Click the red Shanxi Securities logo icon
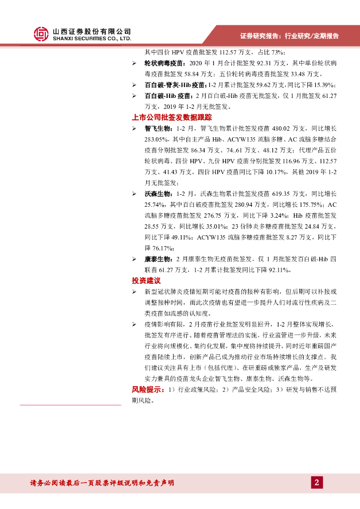coord(41,34)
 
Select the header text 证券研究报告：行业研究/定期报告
coord(289,36)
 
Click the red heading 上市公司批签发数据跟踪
coord(172,118)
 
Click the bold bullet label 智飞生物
coord(158,129)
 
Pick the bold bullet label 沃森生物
coord(158,193)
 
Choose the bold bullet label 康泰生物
coord(158,259)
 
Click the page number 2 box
coord(317,482)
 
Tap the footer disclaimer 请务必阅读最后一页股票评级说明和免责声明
coord(102,483)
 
